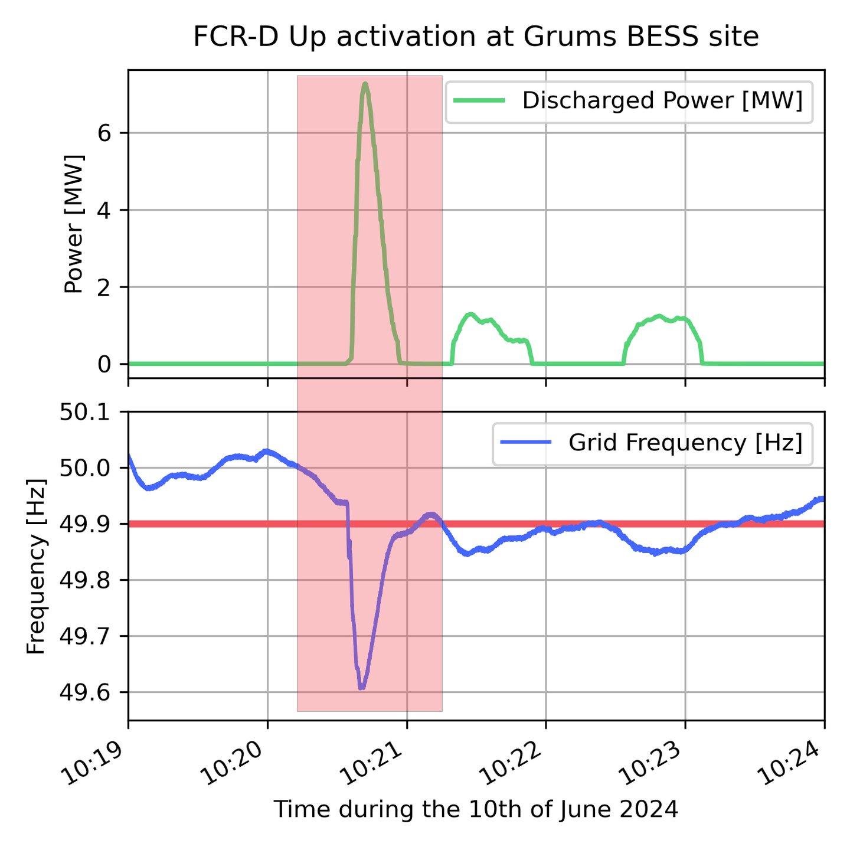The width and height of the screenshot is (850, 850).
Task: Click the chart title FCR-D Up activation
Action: pos(476,37)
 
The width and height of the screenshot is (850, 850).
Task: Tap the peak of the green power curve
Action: pos(365,84)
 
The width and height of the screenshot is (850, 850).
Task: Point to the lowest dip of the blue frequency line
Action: pos(362,687)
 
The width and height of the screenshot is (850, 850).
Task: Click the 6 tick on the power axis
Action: pos(105,133)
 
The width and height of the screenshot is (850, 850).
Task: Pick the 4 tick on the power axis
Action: pos(105,210)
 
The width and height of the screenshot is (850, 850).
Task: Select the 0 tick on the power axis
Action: pos(105,364)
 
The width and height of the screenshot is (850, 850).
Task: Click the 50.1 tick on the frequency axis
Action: pos(87,412)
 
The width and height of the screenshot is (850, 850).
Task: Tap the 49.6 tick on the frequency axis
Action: pos(87,692)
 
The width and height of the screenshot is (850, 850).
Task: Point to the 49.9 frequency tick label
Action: pos(87,524)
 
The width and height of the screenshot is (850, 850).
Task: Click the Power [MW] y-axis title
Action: pos(74,224)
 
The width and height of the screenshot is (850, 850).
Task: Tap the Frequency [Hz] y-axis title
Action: pos(37,565)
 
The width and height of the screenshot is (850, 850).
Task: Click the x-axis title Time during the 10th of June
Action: pos(476,809)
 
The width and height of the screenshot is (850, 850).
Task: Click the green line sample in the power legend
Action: pos(479,101)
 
